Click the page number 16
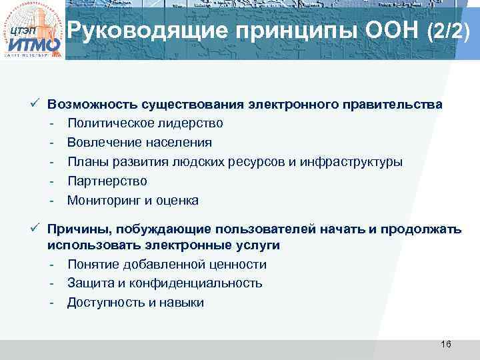(446, 344)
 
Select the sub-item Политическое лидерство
(145, 123)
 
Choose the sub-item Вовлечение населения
(139, 143)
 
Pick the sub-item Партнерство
(107, 181)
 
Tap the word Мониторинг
(104, 201)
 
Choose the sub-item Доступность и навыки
(135, 303)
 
